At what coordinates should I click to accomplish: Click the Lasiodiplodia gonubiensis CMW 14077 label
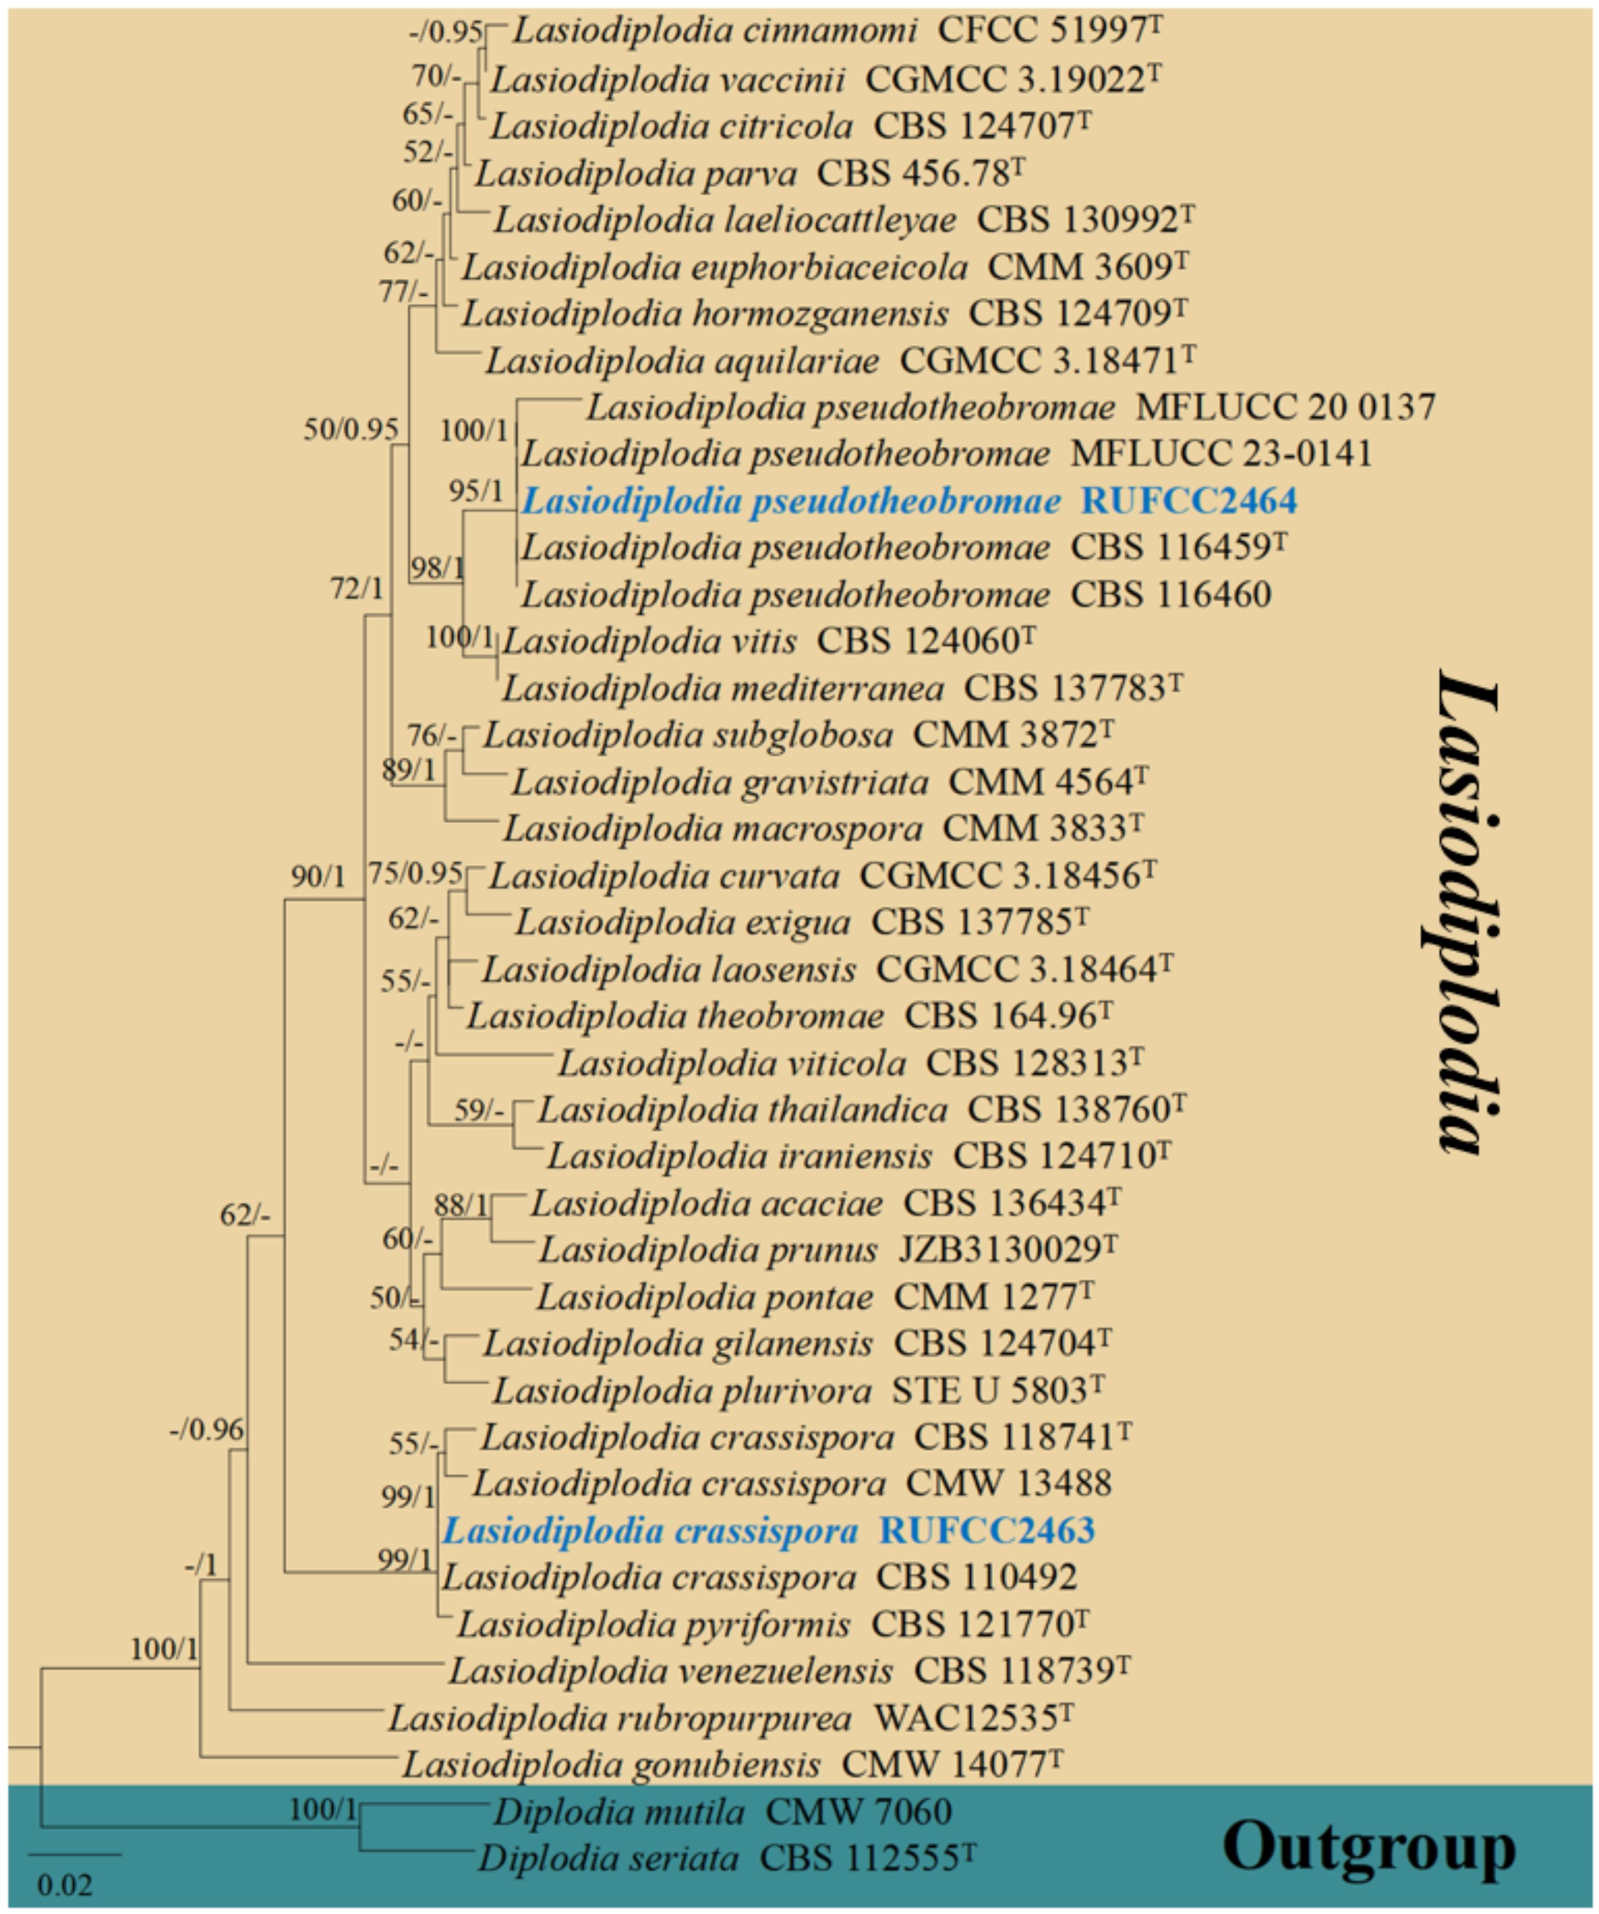click(735, 1765)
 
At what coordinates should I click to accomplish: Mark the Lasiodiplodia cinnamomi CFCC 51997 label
click(837, 32)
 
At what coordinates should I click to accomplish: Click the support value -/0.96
click(207, 1430)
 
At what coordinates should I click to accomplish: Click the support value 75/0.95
click(415, 873)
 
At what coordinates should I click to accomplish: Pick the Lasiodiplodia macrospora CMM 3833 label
click(823, 828)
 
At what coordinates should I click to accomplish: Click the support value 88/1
click(461, 1205)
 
